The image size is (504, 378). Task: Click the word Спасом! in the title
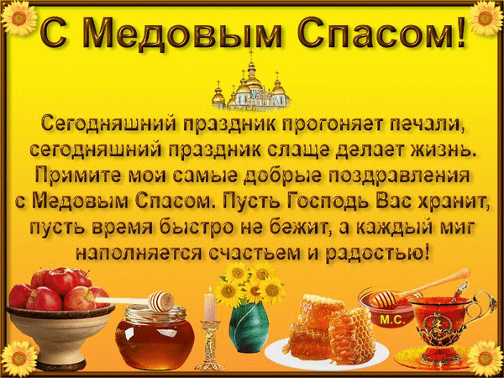[x=381, y=33]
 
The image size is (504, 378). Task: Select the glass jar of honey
[x=155, y=338]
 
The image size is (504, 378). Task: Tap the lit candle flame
[x=210, y=290]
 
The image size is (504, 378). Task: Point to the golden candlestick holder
[x=211, y=345]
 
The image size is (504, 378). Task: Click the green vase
[x=249, y=328]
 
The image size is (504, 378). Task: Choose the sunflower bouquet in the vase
[x=249, y=283]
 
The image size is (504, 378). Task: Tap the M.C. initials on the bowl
[x=391, y=320]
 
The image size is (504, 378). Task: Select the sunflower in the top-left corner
[x=19, y=18]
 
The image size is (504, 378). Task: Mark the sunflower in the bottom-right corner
[x=486, y=358]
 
